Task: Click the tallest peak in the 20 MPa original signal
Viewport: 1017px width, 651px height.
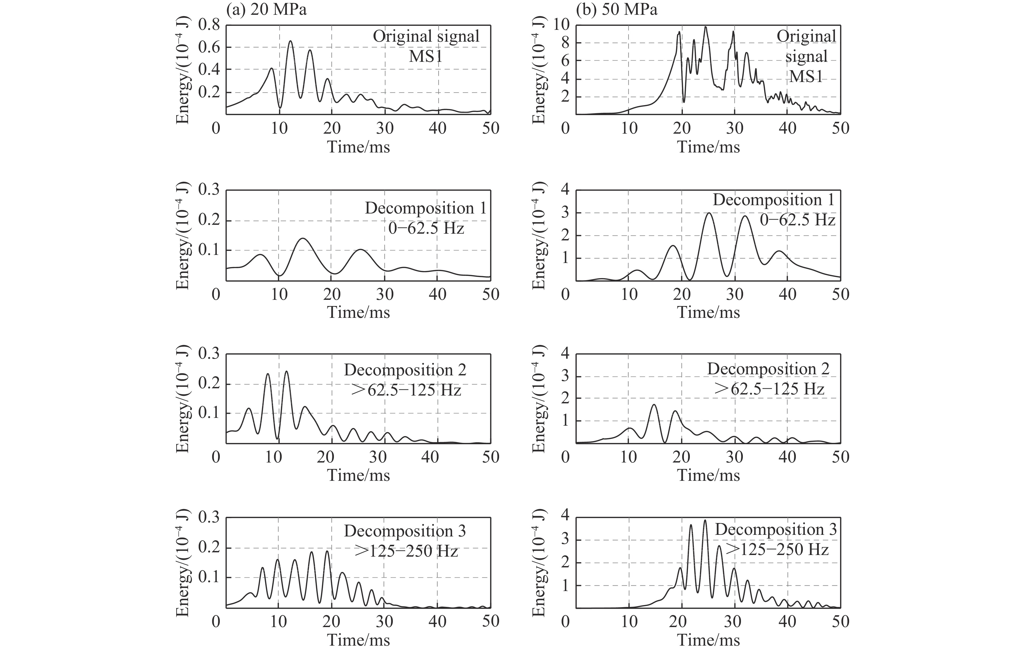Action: [x=291, y=41]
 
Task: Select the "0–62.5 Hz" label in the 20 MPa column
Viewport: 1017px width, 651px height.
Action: [x=426, y=228]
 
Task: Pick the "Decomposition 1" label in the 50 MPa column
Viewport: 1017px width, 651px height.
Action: [x=774, y=200]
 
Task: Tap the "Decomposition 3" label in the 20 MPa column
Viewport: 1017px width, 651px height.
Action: [x=405, y=531]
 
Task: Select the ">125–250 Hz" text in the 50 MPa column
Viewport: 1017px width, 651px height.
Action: [x=777, y=550]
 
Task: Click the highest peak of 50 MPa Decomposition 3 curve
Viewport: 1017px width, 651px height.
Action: [x=705, y=520]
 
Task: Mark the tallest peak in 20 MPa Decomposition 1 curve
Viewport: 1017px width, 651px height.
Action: [x=303, y=239]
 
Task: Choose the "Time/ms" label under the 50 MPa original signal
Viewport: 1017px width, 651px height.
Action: [x=709, y=147]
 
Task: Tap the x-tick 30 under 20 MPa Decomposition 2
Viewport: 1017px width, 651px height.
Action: [x=378, y=457]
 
